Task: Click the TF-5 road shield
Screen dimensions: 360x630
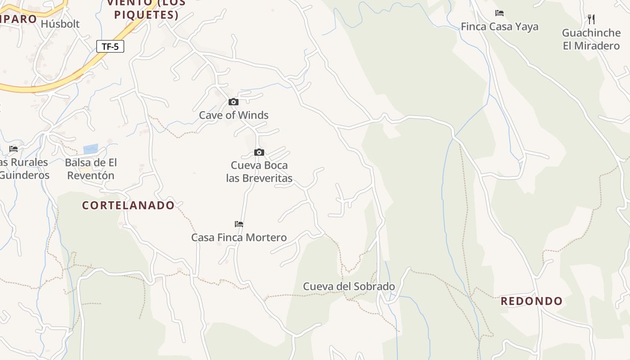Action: coord(110,46)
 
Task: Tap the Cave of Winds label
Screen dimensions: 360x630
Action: coord(234,115)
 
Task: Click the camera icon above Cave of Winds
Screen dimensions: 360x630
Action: coord(233,102)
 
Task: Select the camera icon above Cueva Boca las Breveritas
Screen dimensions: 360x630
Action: coord(259,153)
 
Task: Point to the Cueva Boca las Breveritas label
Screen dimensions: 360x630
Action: coord(259,171)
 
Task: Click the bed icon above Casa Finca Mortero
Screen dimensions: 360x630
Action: coord(239,224)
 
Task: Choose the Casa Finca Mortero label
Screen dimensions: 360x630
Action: coord(239,237)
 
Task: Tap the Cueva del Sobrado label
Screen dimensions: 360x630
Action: coord(349,286)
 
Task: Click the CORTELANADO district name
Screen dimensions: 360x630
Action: coord(128,205)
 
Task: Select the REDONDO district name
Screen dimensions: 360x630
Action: coord(531,301)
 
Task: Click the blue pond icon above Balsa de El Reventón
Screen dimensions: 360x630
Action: coord(90,149)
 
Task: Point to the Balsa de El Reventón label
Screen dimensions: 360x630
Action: coord(91,169)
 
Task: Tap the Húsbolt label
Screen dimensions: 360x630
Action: coord(60,24)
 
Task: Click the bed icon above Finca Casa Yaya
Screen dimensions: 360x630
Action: coord(499,13)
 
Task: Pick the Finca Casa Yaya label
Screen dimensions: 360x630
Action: coord(499,27)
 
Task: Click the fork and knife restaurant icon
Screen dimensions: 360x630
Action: coord(591,19)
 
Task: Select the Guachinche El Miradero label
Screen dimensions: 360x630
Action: coord(591,39)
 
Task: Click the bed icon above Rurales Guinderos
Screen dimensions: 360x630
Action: coord(13,149)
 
